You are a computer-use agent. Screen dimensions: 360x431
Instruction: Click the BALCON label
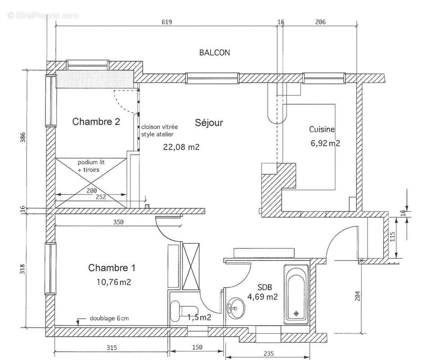click(215, 53)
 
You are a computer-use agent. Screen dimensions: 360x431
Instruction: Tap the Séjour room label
click(209, 122)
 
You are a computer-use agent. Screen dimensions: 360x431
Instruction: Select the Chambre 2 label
click(96, 121)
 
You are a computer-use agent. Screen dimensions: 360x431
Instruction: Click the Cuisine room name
click(322, 130)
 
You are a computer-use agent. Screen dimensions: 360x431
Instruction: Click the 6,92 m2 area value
click(325, 144)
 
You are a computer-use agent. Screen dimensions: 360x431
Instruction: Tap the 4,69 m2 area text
click(262, 297)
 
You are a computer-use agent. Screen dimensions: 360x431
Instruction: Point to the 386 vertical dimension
click(23, 138)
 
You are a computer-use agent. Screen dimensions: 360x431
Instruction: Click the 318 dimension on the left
click(23, 269)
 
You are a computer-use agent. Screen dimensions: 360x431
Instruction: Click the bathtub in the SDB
click(296, 294)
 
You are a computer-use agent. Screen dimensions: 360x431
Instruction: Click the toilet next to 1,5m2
click(177, 311)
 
